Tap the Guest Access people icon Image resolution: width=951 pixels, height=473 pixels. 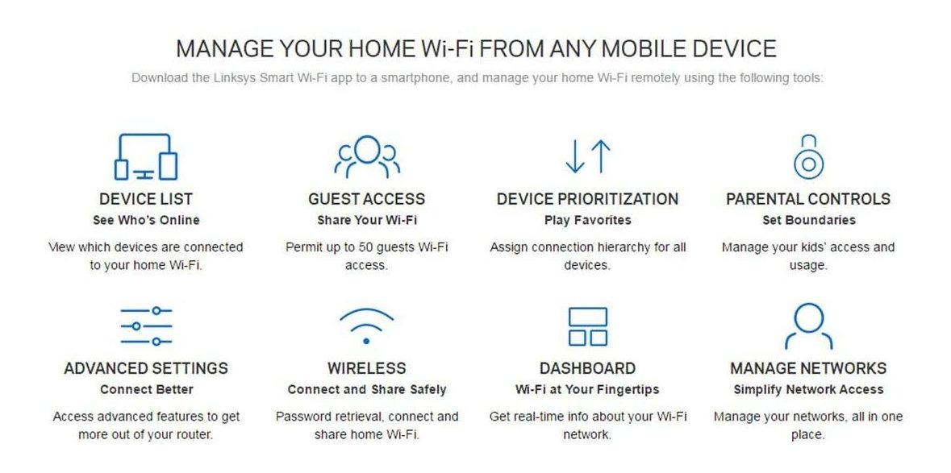click(367, 157)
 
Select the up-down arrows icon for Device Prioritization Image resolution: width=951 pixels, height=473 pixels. click(587, 156)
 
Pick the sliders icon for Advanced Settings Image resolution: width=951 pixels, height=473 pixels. click(145, 326)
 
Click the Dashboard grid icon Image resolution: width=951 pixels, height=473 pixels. click(587, 326)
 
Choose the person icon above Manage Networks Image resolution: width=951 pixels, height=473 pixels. click(808, 326)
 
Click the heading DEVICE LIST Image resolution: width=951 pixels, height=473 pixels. click(145, 199)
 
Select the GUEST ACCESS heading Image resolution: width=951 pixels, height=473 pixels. click(366, 199)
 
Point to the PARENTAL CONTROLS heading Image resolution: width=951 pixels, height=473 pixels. click(808, 199)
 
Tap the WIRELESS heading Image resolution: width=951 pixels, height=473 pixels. click(366, 368)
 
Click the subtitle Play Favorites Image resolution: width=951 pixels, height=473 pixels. click(587, 221)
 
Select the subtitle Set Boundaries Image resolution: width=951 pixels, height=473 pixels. click(808, 221)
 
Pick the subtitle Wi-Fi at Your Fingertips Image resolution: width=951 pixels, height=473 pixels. click(587, 389)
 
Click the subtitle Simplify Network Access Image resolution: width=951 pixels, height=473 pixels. click(808, 389)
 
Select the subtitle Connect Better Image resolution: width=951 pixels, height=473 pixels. click(146, 389)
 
